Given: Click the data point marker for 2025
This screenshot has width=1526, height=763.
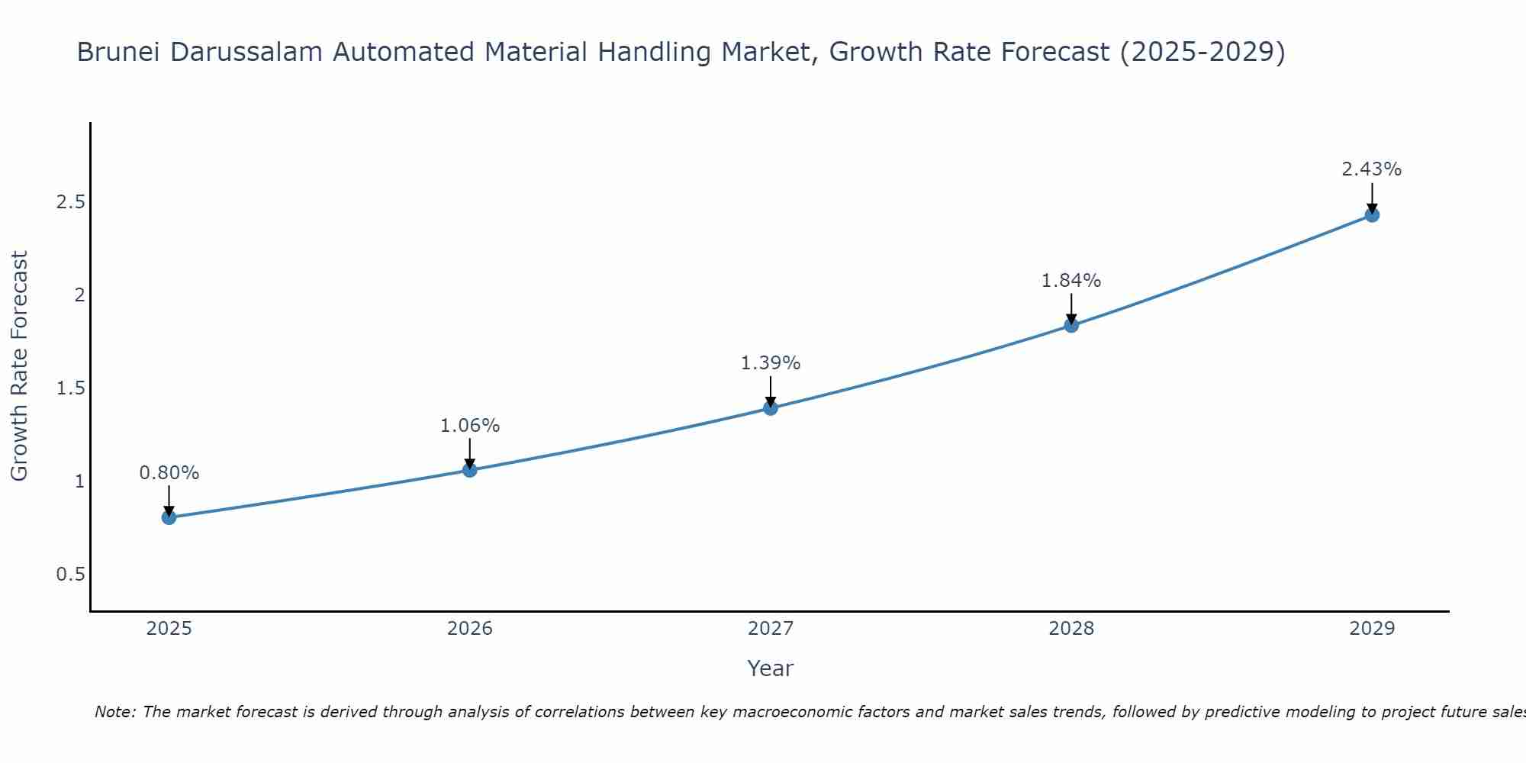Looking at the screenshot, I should (x=169, y=517).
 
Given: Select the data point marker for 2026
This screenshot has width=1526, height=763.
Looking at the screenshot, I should (x=470, y=470).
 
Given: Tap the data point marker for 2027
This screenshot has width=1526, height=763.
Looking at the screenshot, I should (x=771, y=408).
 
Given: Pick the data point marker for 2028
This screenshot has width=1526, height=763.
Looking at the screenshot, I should (x=1071, y=326).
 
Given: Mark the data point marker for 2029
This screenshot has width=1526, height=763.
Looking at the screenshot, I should (x=1372, y=215).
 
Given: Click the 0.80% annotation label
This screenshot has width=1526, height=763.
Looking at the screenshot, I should (x=169, y=473).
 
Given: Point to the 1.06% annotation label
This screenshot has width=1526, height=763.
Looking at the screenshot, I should (x=470, y=426).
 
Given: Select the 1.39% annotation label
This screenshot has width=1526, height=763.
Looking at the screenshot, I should (x=771, y=363).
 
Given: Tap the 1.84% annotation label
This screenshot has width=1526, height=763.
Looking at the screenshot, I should (x=1071, y=281).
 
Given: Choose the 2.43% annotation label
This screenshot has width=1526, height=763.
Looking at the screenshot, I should (x=1372, y=169).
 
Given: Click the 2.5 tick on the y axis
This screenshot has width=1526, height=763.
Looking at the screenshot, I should (x=70, y=202).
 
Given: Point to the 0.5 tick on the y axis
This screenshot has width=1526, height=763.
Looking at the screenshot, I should (x=70, y=575).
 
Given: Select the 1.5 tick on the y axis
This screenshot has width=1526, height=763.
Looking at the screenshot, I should (x=70, y=388).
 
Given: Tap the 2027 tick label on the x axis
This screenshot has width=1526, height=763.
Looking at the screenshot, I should (x=771, y=629).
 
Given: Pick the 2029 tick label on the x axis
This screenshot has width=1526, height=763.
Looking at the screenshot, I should (x=1372, y=629).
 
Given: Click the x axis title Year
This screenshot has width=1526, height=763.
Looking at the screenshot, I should (x=771, y=668).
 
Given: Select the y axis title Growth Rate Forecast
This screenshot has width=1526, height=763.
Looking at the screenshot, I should (x=19, y=366).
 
